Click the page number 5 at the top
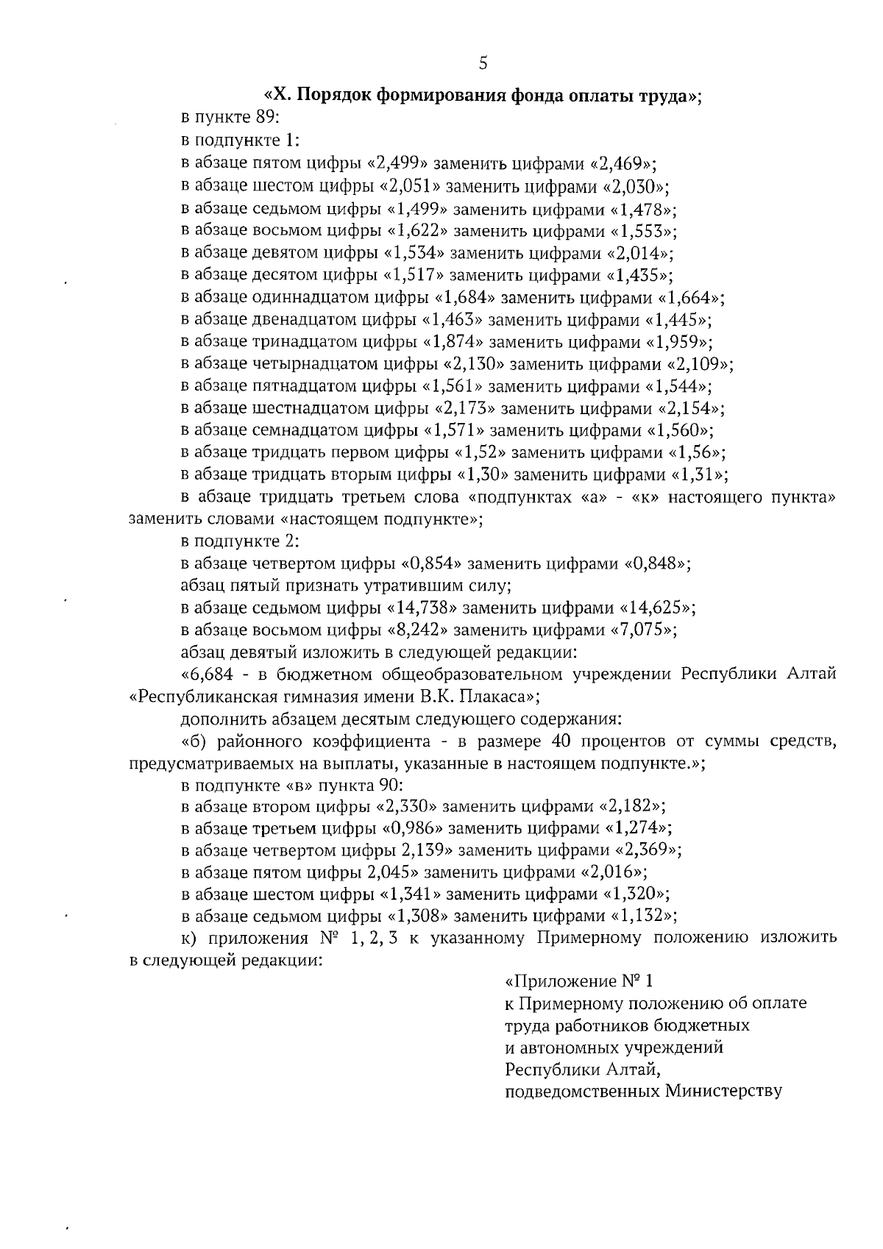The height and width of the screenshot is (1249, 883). coord(483,63)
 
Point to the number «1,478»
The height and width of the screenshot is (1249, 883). coord(644,208)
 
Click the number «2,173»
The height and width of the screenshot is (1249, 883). coord(466,408)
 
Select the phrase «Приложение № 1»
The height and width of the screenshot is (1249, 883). coord(580,981)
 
